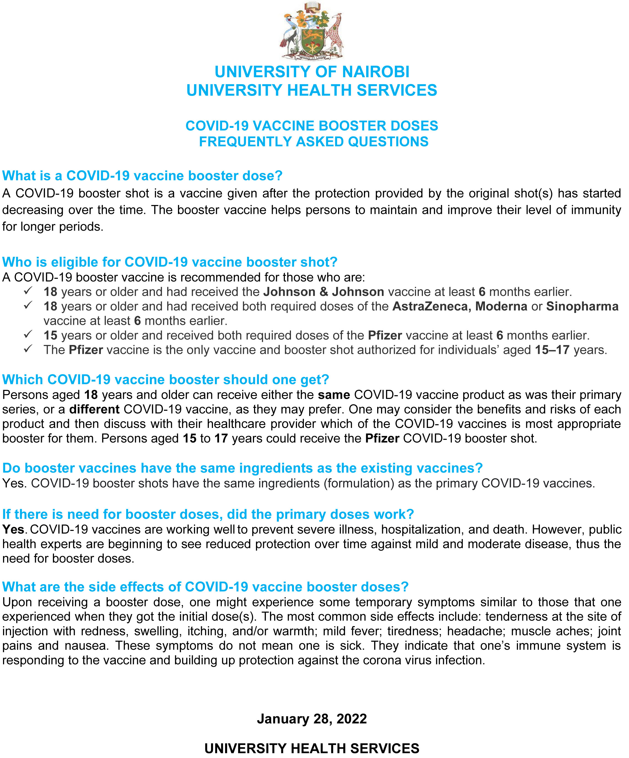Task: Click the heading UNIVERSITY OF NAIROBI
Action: (312, 72)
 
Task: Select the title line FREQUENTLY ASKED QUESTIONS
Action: (314, 142)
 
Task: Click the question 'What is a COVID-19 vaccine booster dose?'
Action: (142, 176)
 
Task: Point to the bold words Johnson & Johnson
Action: (323, 292)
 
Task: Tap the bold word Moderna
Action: (501, 306)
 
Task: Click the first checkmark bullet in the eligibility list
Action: (28, 291)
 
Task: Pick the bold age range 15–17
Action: (552, 350)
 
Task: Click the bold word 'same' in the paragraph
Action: (334, 395)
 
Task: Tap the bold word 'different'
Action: (94, 409)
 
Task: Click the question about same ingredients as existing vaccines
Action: (242, 468)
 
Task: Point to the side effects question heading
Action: (205, 587)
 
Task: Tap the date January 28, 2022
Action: (312, 718)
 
